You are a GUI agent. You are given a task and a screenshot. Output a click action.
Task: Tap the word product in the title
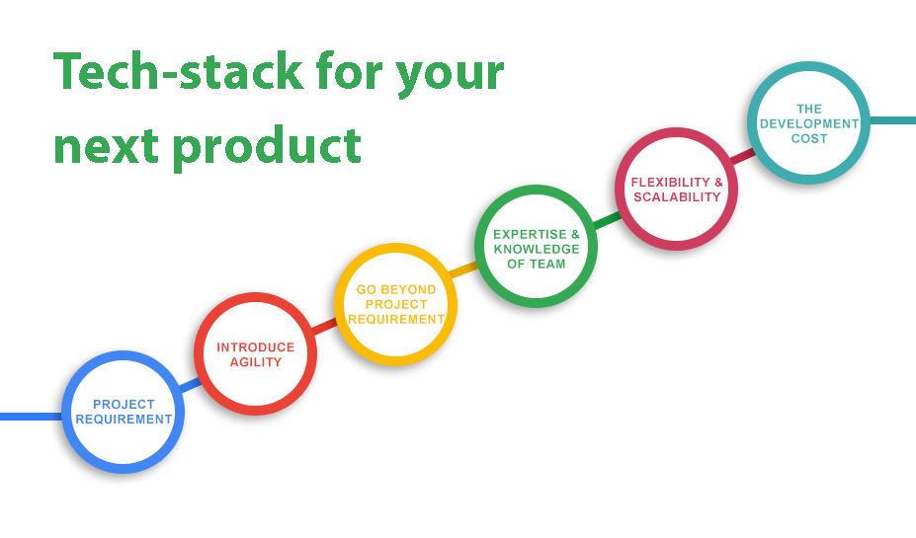267,147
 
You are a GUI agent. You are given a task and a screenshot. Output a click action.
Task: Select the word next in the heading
106,147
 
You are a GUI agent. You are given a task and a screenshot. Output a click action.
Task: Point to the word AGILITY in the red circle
256,362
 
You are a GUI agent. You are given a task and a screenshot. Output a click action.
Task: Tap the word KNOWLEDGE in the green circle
537,249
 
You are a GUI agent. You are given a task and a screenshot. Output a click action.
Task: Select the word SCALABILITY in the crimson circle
677,197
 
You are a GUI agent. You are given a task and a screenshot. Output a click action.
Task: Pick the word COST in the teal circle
809,139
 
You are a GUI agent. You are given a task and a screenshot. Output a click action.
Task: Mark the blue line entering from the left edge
31,417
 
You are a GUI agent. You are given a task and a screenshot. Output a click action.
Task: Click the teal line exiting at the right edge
892,120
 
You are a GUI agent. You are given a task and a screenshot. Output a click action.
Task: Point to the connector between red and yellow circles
325,326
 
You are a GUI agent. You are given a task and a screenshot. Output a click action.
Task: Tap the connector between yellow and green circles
463,269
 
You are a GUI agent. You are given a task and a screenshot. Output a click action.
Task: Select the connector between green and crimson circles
607,219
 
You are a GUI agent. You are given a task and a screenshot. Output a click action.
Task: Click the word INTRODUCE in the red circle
256,347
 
